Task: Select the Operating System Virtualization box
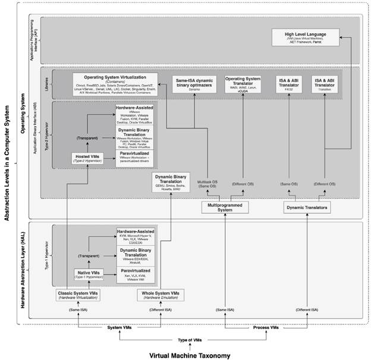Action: [x=116, y=84]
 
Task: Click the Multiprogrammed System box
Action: [x=227, y=207]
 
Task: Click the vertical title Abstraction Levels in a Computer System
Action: [x=7, y=160]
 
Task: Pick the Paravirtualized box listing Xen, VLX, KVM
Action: [x=136, y=274]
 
